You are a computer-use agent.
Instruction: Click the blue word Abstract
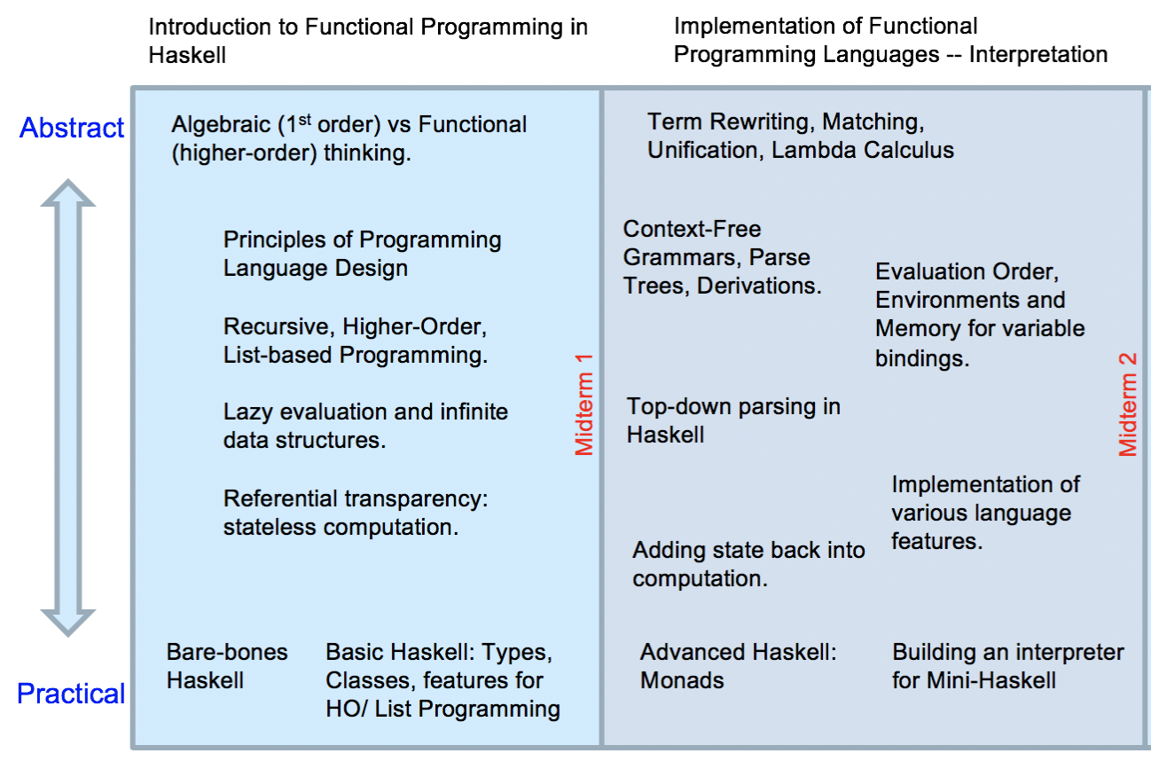(x=72, y=129)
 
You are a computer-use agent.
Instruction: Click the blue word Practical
(x=71, y=694)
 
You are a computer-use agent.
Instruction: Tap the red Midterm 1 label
(x=583, y=404)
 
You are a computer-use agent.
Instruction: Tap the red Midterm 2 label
(x=1127, y=404)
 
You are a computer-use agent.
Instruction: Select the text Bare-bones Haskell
(x=227, y=666)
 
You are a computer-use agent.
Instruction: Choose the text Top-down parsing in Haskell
(x=733, y=420)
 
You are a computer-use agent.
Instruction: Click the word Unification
(x=701, y=150)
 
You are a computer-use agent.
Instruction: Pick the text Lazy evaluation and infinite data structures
(x=365, y=426)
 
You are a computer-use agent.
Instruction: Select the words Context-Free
(x=692, y=230)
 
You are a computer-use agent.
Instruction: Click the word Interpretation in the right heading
(x=1037, y=54)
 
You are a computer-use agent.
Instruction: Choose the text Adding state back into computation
(x=748, y=564)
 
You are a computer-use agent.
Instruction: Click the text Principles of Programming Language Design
(x=362, y=254)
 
